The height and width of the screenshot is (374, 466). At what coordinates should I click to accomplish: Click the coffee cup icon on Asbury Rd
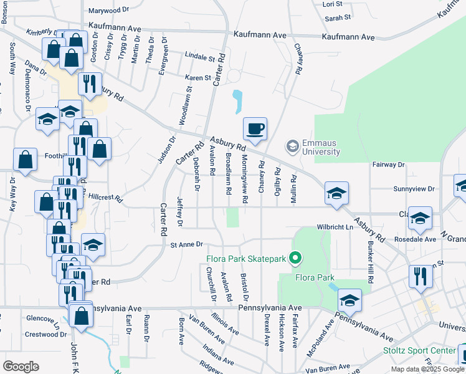pos(255,130)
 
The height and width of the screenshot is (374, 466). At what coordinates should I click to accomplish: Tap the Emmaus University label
pos(321,147)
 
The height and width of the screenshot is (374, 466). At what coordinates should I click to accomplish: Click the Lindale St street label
pos(199,57)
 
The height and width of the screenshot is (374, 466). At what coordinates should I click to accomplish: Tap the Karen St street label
pos(198,78)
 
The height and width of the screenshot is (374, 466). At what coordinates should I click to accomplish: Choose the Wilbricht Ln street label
pos(335,227)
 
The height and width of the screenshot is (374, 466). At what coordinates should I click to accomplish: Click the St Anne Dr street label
pos(187,245)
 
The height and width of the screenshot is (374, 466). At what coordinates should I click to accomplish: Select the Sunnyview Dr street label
pos(414,188)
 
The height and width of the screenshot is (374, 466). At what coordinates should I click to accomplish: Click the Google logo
pos(21,367)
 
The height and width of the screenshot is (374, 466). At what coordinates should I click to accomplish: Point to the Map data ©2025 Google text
pos(427,369)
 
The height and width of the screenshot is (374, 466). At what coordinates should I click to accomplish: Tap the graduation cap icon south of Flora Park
pos(349,302)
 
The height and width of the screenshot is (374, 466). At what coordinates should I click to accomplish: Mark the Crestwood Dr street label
pos(45,334)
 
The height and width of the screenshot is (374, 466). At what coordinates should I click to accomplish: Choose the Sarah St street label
pos(338,18)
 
